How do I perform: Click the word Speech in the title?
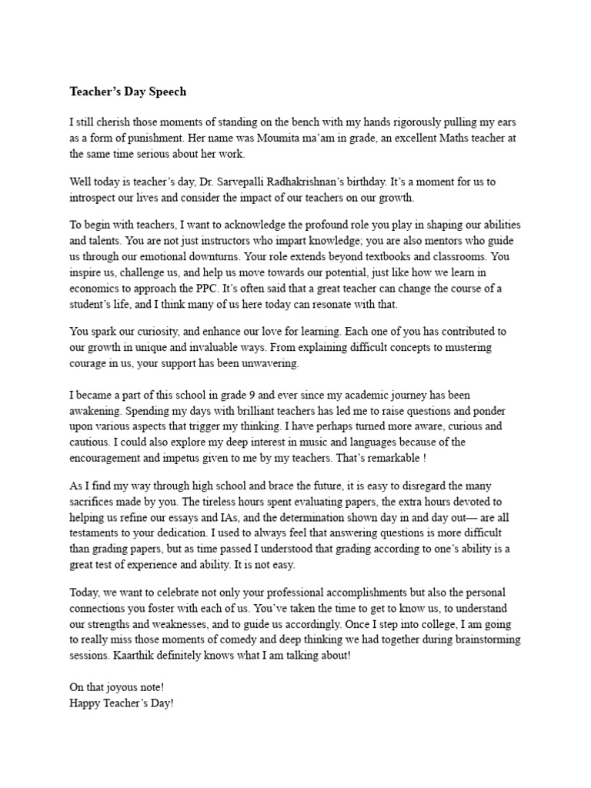point(165,92)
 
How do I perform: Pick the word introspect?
point(95,197)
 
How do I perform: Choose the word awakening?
point(95,412)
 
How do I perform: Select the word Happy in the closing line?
point(85,703)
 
